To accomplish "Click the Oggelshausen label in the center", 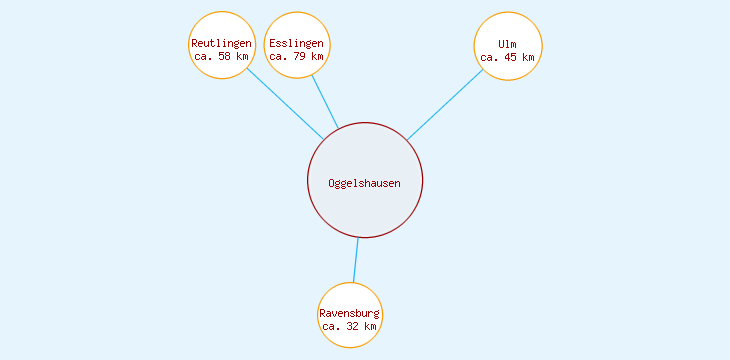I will (364, 183).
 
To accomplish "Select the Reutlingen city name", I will (221, 44).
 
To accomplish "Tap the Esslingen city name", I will (297, 44).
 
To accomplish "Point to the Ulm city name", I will (508, 44).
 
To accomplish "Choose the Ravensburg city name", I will (350, 314).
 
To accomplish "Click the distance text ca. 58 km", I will (221, 57).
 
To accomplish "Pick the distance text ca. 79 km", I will (297, 57).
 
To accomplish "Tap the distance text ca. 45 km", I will (508, 57).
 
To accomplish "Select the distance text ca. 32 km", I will (350, 327).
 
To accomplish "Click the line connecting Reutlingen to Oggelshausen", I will (285, 104).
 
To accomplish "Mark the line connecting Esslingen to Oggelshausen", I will (325, 102).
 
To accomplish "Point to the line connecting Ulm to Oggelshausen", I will (445, 105).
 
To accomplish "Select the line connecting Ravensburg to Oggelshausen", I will (356, 260).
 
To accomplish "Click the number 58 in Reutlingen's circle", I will (224, 57).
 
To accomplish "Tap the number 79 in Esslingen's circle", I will (300, 57).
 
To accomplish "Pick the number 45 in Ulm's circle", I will (511, 57).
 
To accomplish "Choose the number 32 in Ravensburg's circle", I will (353, 327).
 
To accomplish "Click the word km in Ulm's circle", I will (529, 57).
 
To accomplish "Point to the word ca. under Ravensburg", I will (332, 327).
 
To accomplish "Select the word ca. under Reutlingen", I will (203, 57).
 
